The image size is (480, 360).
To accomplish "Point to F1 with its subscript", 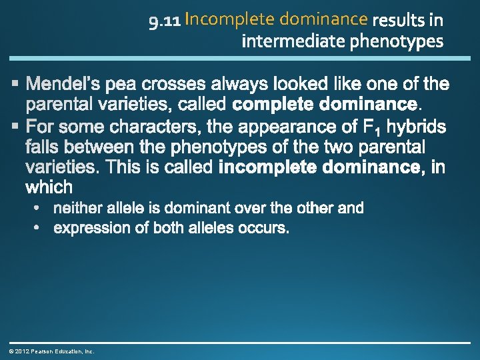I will coord(370,127).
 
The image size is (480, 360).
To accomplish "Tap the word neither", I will coord(76,208).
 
